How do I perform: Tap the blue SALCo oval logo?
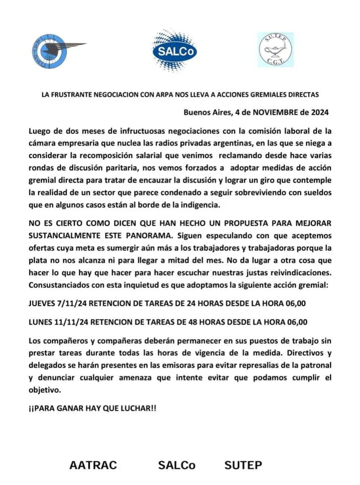pyautogui.click(x=175, y=51)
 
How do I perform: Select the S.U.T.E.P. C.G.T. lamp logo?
pyautogui.click(x=276, y=50)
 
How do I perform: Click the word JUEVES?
pyautogui.click(x=42, y=304)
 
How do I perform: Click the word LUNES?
pyautogui.click(x=40, y=322)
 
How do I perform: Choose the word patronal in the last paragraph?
pyautogui.click(x=314, y=365)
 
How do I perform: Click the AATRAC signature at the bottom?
pyautogui.click(x=93, y=465)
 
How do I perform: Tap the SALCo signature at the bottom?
pyautogui.click(x=177, y=465)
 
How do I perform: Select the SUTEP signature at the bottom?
pyautogui.click(x=243, y=465)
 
